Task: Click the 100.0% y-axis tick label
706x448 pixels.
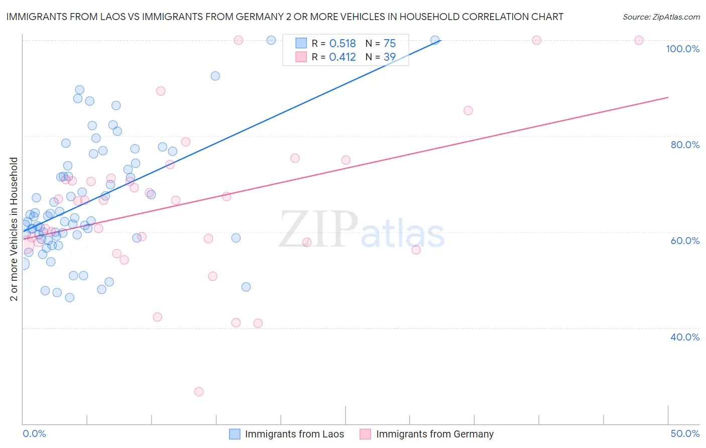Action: pyautogui.click(x=682, y=49)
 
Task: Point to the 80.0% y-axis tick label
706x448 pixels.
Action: pyautogui.click(x=685, y=145)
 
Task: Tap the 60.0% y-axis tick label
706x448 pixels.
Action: pyautogui.click(x=685, y=241)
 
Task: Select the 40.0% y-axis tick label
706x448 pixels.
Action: pyautogui.click(x=685, y=337)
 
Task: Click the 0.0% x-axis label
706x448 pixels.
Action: pyautogui.click(x=34, y=433)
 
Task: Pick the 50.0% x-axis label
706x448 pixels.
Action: pyautogui.click(x=685, y=433)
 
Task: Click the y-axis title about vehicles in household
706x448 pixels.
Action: pyautogui.click(x=14, y=229)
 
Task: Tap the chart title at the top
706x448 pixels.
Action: pyautogui.click(x=284, y=17)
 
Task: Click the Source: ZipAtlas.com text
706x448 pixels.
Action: pyautogui.click(x=661, y=17)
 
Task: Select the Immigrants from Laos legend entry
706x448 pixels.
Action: pyautogui.click(x=287, y=434)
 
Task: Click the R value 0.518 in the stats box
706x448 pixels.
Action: pyautogui.click(x=342, y=43)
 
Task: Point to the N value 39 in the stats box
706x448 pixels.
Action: pyautogui.click(x=390, y=57)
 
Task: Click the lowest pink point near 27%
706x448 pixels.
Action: pyautogui.click(x=199, y=392)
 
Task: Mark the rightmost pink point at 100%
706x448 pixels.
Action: pyautogui.click(x=639, y=40)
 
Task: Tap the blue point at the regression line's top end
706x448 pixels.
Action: pyautogui.click(x=435, y=40)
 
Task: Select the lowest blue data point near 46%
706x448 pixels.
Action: pyautogui.click(x=70, y=297)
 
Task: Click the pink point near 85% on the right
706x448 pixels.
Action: pyautogui.click(x=468, y=110)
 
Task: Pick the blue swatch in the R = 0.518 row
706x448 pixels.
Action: pyautogui.click(x=301, y=43)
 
